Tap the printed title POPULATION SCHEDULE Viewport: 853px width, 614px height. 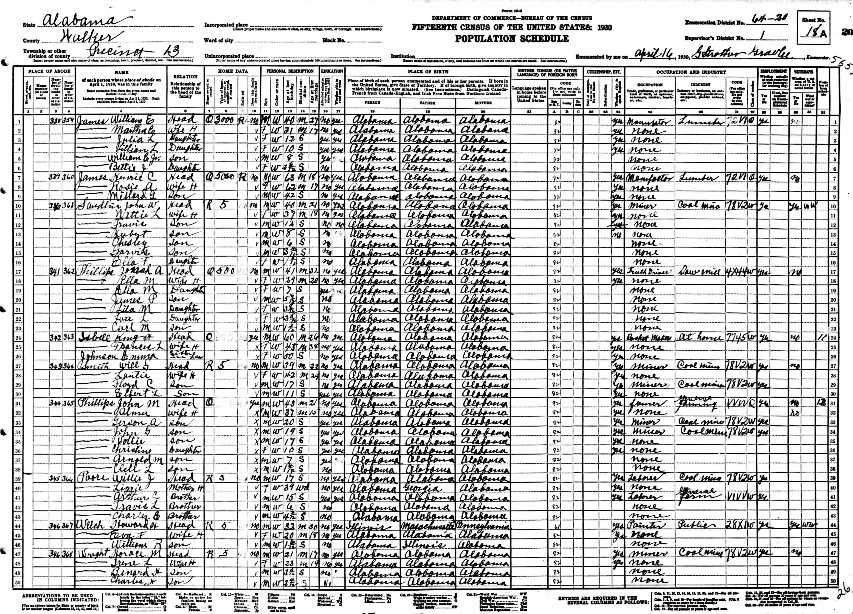click(x=512, y=39)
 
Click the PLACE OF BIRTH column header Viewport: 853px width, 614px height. click(x=428, y=71)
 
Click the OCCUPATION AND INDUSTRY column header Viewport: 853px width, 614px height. click(x=691, y=72)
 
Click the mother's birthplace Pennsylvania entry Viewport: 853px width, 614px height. click(x=483, y=526)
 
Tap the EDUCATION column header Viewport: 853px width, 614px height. click(x=332, y=71)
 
